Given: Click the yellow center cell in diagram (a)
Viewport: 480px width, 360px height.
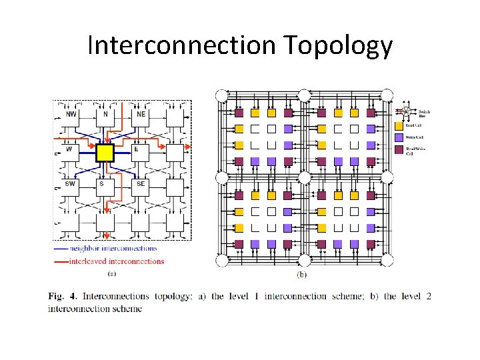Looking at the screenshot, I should [x=105, y=153].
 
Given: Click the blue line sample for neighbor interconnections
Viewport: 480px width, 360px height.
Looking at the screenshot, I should [x=61, y=249].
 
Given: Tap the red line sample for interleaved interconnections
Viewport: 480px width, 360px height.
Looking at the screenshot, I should [x=61, y=261].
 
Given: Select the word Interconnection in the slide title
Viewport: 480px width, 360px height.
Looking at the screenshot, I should [x=181, y=45].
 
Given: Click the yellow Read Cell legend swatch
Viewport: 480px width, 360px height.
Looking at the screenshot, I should [x=399, y=125].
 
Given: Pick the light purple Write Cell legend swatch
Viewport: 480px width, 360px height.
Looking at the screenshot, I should [x=399, y=137].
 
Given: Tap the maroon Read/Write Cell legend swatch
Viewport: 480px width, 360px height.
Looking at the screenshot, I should [x=399, y=149].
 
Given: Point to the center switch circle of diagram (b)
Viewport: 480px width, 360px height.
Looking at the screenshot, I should [x=305, y=177].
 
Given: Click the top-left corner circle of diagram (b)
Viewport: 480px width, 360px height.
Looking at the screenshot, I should [x=221, y=95].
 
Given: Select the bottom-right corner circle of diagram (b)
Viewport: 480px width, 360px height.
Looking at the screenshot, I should [x=387, y=259].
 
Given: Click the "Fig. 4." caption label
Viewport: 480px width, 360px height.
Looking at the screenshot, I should [x=59, y=296].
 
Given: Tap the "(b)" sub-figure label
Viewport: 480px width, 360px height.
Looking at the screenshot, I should [x=301, y=274].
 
